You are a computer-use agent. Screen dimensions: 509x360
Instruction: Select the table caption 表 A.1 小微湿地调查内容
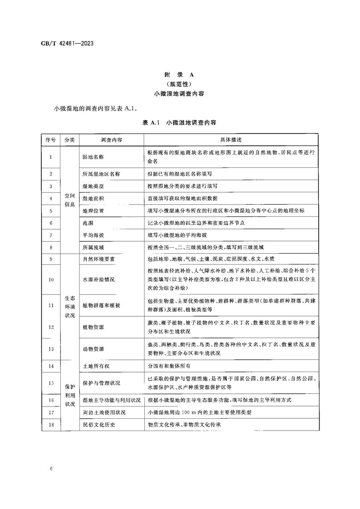(179, 122)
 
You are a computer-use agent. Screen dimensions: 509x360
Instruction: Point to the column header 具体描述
(231, 140)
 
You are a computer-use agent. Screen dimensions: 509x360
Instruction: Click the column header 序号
(50, 140)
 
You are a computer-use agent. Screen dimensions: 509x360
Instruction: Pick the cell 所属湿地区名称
(101, 174)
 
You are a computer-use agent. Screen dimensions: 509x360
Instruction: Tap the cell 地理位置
(93, 211)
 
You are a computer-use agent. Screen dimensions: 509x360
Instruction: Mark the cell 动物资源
(93, 349)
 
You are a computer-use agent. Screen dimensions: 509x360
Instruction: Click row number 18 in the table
(50, 425)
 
